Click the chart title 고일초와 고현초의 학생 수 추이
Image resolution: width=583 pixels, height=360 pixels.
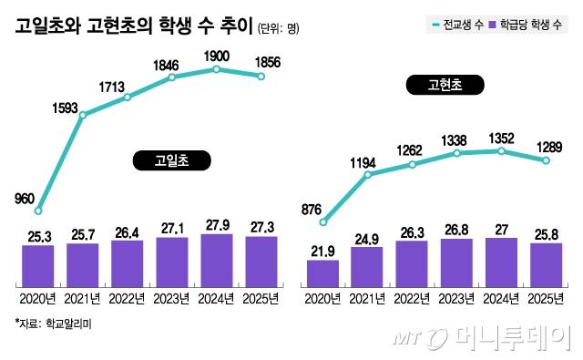(133, 26)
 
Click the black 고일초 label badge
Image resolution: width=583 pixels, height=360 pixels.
(171, 161)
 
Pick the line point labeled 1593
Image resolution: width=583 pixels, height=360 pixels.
(83, 115)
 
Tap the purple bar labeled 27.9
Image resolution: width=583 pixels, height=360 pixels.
(217, 259)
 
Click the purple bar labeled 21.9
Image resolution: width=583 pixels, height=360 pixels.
(323, 273)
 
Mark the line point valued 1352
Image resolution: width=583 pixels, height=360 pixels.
(501, 151)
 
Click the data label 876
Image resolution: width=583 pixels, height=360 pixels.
(312, 208)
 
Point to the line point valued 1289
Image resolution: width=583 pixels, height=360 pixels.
(546, 160)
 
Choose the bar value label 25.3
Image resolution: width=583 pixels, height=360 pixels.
(38, 238)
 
